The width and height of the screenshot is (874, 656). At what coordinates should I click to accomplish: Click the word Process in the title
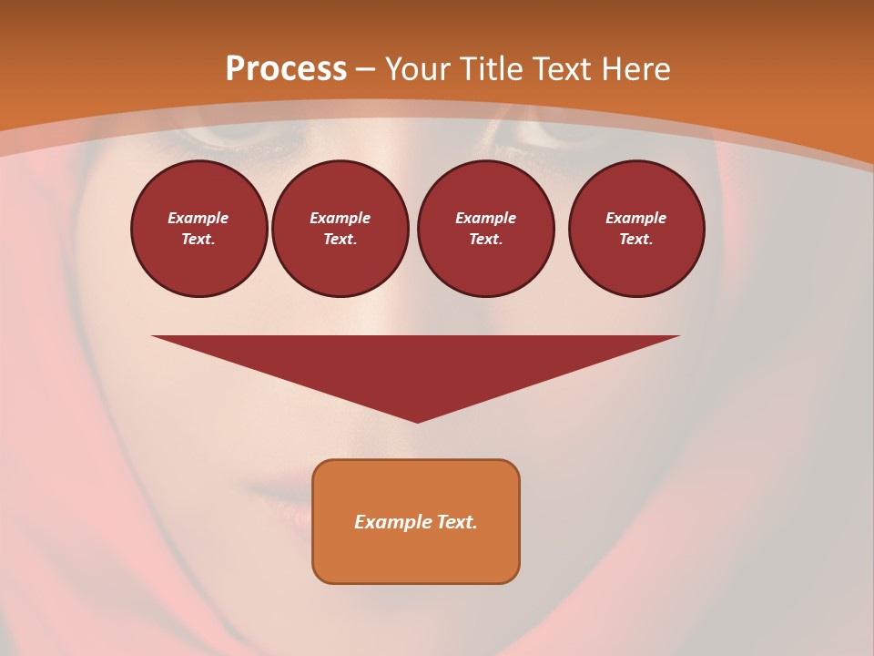pos(286,69)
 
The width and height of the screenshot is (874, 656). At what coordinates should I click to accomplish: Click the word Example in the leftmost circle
pos(198,218)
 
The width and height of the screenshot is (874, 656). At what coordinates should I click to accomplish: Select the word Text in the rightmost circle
pos(635,239)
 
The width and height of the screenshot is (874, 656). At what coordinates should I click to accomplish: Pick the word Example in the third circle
pos(485,218)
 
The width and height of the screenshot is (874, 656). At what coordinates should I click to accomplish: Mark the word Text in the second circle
pos(340,239)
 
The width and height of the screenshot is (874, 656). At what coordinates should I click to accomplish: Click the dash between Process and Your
pos(366,69)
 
